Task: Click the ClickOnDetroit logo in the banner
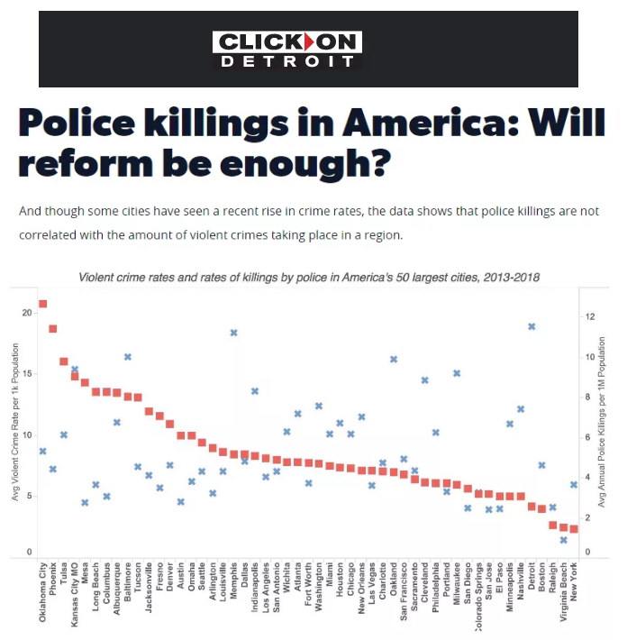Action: tap(287, 49)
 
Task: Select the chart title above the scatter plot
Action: tap(309, 277)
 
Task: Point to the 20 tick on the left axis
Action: tap(28, 313)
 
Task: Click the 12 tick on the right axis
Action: tap(589, 317)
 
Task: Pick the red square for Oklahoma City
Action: tap(42, 304)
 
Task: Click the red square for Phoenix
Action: tap(53, 329)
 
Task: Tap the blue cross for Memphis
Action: tap(233, 333)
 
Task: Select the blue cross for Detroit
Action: tap(532, 326)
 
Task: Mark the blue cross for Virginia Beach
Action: tap(563, 540)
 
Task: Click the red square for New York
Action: tap(574, 529)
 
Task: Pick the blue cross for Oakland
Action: tap(394, 359)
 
